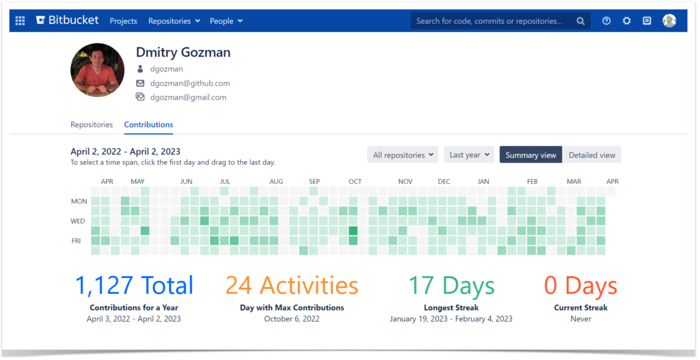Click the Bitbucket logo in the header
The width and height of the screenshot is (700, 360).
pos(68,20)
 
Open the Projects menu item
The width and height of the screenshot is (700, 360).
pos(123,21)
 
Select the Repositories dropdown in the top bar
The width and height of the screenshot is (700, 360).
pos(174,21)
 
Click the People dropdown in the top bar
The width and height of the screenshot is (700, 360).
pos(226,21)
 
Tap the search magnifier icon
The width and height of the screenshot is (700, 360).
pos(580,21)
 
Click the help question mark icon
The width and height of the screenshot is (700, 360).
pos(606,21)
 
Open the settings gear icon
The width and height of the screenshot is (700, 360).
pos(626,21)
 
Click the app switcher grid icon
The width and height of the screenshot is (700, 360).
pos(21,21)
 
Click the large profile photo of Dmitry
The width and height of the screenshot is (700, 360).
pos(97,70)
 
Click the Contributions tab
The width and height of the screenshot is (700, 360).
pos(148,125)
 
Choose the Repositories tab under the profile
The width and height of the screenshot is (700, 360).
pos(92,125)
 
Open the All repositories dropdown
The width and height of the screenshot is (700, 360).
pos(403,155)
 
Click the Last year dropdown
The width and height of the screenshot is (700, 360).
pos(468,155)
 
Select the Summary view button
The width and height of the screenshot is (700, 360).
pos(530,155)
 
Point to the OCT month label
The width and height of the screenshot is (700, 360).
pos(355,182)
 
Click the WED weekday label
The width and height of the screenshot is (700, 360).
pos(79,221)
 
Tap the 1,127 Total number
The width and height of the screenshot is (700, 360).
pos(134,286)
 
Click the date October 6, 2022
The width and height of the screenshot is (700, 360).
pos(292,319)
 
